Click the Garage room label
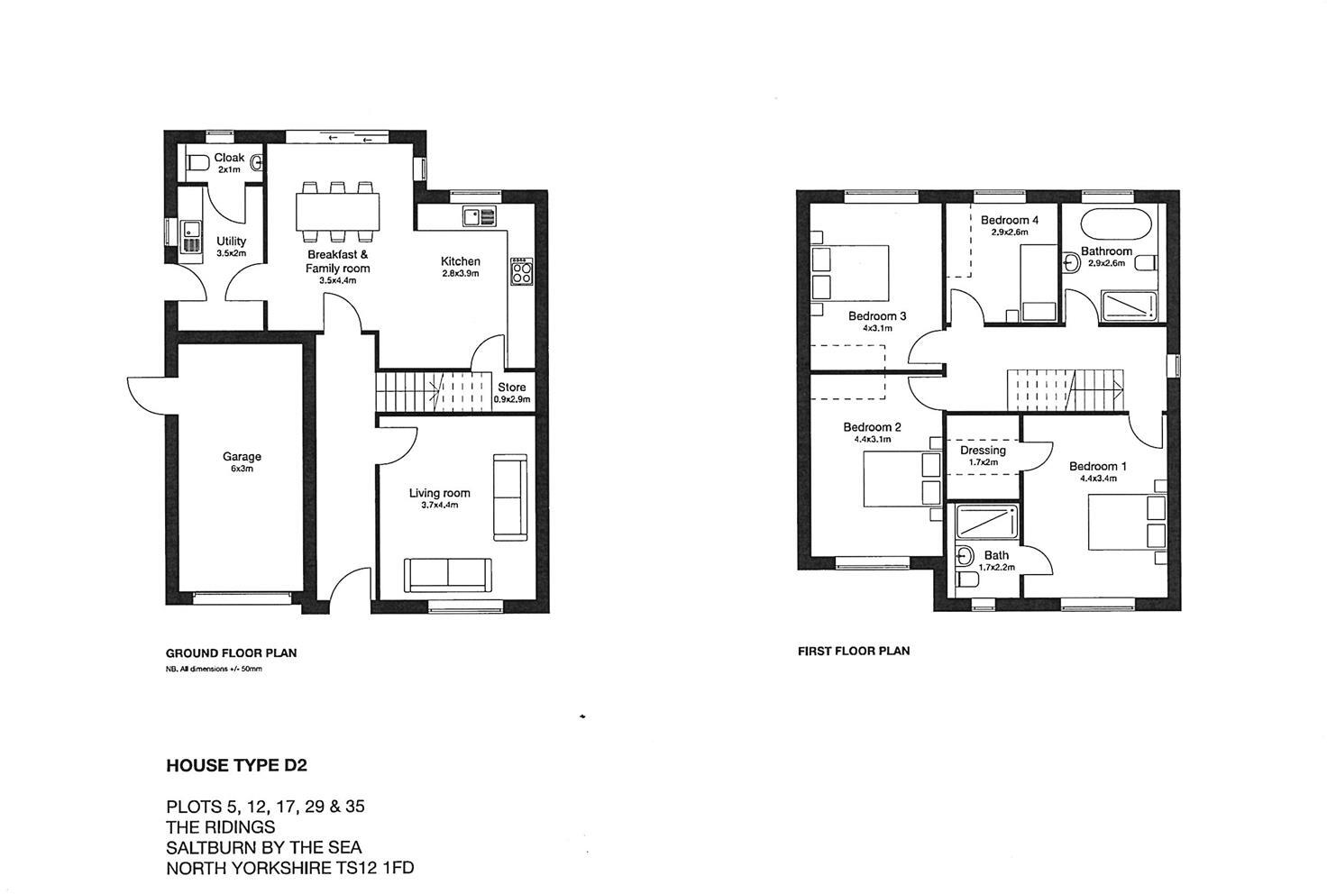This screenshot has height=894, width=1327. tap(242, 457)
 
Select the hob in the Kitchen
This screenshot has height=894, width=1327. tap(522, 270)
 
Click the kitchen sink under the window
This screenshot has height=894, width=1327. tap(479, 216)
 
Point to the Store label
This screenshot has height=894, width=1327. tap(511, 388)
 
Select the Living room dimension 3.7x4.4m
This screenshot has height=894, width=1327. tap(439, 506)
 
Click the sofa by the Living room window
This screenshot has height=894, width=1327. tap(448, 575)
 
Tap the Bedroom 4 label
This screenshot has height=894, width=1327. tap(1009, 220)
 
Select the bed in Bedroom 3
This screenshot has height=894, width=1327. tap(850, 272)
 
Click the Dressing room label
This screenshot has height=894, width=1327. tap(983, 451)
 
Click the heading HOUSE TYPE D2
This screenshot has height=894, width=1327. tap(236, 766)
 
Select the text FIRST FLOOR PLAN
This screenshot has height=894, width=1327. tap(853, 651)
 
